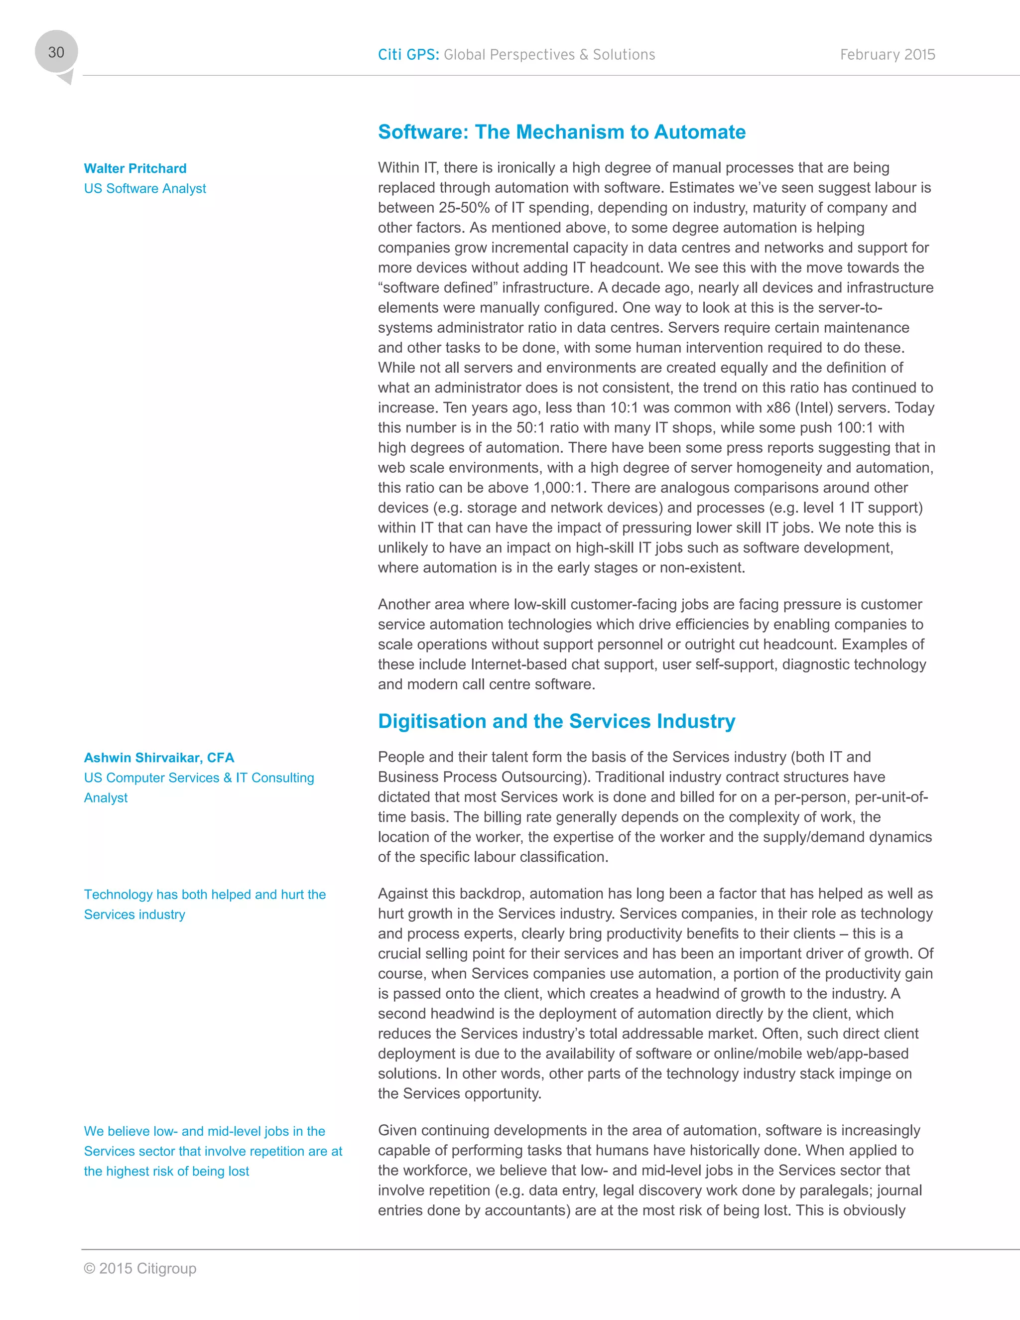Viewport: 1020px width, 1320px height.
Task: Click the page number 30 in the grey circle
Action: click(x=56, y=53)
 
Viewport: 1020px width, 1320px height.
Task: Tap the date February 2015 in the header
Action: click(x=887, y=54)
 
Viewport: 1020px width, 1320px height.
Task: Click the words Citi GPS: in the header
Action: click(x=408, y=54)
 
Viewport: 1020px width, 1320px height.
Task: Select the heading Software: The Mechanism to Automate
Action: click(x=561, y=132)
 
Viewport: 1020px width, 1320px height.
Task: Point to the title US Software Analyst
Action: click(x=144, y=189)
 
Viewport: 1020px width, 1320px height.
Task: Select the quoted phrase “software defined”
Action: click(x=437, y=288)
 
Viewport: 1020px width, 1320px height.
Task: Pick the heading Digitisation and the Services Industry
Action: click(x=556, y=721)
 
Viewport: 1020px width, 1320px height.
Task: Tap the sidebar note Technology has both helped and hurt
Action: click(x=204, y=904)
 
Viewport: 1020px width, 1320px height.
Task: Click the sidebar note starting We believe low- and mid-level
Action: click(x=213, y=1151)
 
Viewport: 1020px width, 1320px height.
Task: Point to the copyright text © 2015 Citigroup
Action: click(x=139, y=1268)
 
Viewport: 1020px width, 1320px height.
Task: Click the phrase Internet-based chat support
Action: click(x=563, y=665)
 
